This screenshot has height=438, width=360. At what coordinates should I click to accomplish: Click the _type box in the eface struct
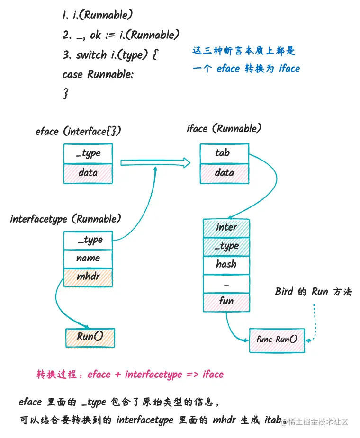tap(88, 153)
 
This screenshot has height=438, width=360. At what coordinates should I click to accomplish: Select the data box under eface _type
tap(88, 173)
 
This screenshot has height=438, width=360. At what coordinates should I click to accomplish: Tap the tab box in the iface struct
tap(224, 153)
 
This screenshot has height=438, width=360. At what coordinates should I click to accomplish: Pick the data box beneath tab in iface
tap(224, 173)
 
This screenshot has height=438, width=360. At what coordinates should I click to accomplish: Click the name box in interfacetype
tap(88, 259)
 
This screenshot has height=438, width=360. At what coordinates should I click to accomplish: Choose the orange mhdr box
tap(88, 277)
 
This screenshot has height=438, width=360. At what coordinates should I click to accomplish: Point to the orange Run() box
tap(90, 338)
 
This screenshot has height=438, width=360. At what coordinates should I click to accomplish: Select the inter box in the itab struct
tap(226, 228)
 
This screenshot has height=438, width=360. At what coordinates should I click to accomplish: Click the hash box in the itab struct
tap(226, 264)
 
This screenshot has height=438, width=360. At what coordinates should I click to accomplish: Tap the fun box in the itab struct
tap(226, 302)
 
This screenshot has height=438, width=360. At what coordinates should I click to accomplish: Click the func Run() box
tap(277, 340)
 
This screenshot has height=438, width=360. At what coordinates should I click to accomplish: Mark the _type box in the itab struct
tap(226, 246)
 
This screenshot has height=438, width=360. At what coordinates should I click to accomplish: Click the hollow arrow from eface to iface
tap(155, 163)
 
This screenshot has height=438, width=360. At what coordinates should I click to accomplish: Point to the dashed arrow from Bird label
tap(314, 322)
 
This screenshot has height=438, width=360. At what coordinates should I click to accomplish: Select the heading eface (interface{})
tap(78, 132)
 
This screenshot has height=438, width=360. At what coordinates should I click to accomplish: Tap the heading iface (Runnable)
tap(224, 128)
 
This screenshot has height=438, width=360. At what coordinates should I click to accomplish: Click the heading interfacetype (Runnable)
tap(65, 219)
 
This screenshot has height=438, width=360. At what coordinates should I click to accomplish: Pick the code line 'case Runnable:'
tap(98, 74)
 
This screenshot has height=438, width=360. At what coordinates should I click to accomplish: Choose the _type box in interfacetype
tap(88, 240)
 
